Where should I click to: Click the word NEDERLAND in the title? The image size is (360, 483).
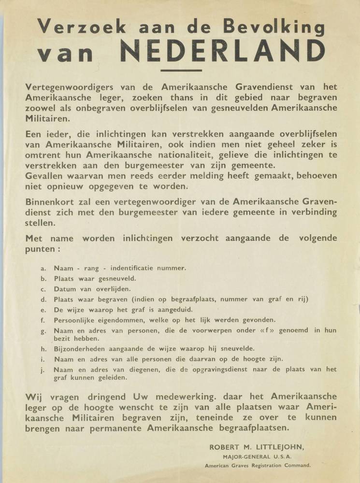222,51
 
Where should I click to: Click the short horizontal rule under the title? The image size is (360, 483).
180,71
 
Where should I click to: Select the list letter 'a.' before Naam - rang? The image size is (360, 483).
43,268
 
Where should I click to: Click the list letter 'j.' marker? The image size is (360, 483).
43,369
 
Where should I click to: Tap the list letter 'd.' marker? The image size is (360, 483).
43,299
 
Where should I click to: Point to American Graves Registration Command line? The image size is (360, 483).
258,466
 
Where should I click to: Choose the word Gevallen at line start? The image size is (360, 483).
44,177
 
